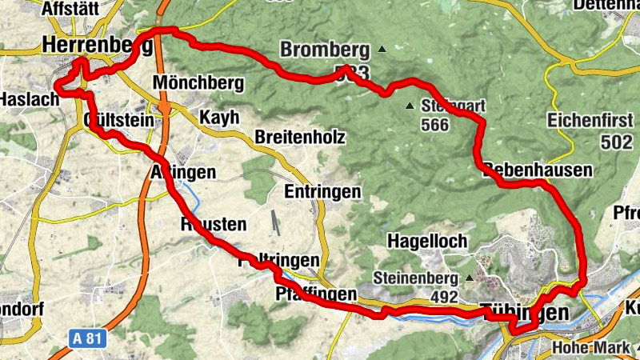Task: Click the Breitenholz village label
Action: coord(299,138)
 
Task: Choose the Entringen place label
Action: coord(322,193)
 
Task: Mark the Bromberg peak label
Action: coord(325,50)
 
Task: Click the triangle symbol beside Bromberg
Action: coord(382,50)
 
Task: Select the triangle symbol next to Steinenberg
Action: coord(469,278)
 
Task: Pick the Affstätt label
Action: coord(78,8)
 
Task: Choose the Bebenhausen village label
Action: coord(538,170)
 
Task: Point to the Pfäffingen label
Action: coord(315,294)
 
